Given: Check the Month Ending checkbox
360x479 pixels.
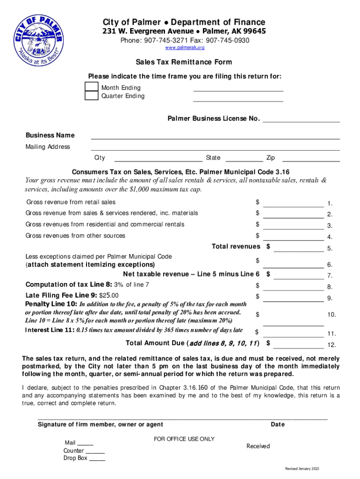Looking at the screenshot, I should point(92,87).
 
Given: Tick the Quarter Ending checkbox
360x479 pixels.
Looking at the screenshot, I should point(92,95).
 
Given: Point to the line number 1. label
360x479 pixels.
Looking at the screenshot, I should point(330,203).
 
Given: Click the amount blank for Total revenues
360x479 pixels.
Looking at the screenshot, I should point(298,250).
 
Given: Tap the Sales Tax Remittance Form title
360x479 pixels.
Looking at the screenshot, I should point(184,62).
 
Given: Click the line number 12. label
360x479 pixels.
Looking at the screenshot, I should point(331,345).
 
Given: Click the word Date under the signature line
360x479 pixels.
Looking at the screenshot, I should point(277,424).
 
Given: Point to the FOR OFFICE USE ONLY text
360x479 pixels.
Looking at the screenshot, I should point(184,439).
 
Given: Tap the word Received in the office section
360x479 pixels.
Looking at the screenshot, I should point(258,446).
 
